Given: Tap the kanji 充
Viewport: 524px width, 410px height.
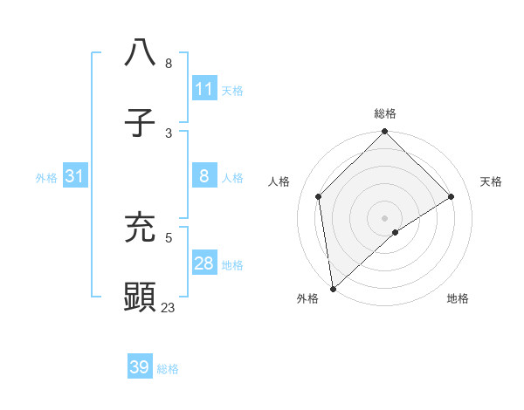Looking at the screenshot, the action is [x=140, y=226].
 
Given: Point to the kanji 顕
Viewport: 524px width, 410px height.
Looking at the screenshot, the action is [x=140, y=297].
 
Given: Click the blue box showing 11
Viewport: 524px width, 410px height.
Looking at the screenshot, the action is [x=204, y=88].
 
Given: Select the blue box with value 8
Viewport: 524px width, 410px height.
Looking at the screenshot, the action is [x=204, y=176].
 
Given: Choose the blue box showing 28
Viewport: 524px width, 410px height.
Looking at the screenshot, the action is [x=204, y=263].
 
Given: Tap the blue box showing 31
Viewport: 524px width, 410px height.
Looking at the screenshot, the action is [x=75, y=176].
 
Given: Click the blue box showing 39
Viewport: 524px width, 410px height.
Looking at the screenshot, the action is [x=140, y=367].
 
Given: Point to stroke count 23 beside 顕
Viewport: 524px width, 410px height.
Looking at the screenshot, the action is [x=168, y=307].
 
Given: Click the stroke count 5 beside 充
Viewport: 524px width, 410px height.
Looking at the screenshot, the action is [x=168, y=236].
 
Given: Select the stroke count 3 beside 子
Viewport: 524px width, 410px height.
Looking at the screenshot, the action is [x=168, y=133].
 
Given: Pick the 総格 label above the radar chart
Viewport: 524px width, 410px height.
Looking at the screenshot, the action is [x=384, y=113].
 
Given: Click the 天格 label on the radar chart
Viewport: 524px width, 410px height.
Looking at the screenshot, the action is [x=491, y=181].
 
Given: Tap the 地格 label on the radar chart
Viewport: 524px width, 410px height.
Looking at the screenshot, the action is [x=458, y=298].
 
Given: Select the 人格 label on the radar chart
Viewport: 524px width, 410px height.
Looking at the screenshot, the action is [x=279, y=181].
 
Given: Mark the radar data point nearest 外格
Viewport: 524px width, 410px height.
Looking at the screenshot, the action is [x=333, y=288].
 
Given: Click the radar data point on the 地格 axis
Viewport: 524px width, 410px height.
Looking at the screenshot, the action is [x=396, y=232].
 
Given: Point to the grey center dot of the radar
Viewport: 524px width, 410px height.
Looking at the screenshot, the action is [x=384, y=217].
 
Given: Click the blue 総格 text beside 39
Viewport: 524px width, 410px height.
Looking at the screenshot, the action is [x=168, y=369].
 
